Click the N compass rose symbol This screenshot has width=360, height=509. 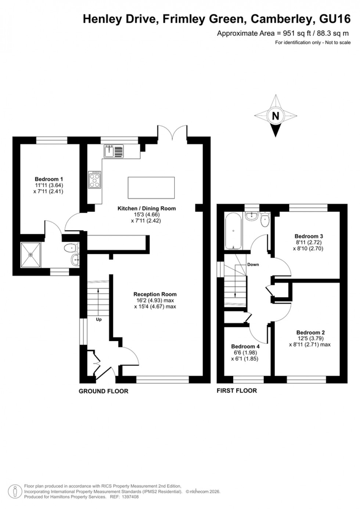coord(276,116)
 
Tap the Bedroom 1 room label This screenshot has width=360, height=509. coord(49,179)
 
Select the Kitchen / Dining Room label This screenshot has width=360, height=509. coord(147,208)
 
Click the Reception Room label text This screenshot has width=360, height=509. coord(155,294)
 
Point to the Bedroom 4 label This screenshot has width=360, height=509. coord(245,346)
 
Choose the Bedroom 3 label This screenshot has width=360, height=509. coord(309,236)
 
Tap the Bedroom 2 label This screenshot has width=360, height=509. coord(310,332)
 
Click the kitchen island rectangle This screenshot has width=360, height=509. coord(151,187)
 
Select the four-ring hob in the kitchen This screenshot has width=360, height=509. coord(95,180)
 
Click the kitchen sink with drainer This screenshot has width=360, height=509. coord(114,151)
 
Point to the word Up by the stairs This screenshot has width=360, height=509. coord(98,319)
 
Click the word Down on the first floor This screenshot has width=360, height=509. coord(253,264)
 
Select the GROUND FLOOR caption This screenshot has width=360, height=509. coord(104,391)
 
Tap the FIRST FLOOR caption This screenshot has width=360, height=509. coord(237,391)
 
